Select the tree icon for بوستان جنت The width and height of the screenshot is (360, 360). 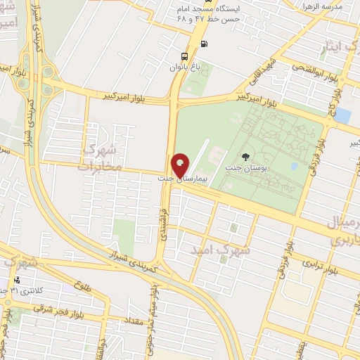point(245,157)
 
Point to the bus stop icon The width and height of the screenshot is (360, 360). point(184,56)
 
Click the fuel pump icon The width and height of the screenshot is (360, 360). point(204,44)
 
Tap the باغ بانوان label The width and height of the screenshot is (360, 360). point(184,67)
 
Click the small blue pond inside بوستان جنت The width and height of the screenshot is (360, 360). point(294,167)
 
